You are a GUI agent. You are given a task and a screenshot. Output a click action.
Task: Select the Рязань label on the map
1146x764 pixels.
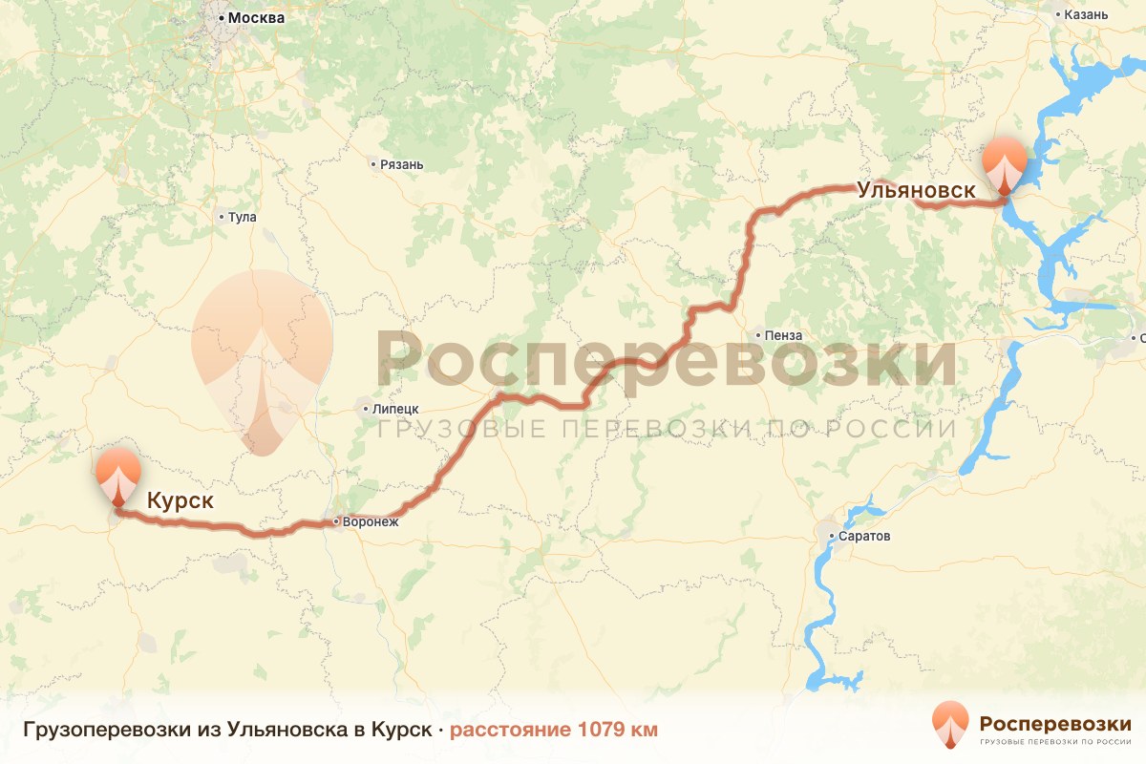[x=401, y=164]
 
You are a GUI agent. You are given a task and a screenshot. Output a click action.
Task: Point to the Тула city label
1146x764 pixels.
[x=243, y=217]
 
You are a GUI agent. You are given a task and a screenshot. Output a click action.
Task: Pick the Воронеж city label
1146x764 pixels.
[x=371, y=521]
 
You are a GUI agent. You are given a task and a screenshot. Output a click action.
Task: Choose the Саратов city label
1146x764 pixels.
[x=864, y=536]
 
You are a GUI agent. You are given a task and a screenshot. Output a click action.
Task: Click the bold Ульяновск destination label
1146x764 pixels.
[x=916, y=189]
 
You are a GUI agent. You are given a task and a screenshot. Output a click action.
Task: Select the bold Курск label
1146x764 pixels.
[x=180, y=500]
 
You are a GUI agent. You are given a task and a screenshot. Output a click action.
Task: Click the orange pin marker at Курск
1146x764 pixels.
[x=117, y=475]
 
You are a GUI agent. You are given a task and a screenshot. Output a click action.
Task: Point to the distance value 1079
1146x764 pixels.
[x=603, y=730]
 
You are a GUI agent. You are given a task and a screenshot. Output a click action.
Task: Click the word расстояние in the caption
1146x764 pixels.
[x=511, y=730]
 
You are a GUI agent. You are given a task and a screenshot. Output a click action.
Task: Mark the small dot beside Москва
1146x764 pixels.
[x=221, y=18]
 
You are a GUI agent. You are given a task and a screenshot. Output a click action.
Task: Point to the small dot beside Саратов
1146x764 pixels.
[x=833, y=536]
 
